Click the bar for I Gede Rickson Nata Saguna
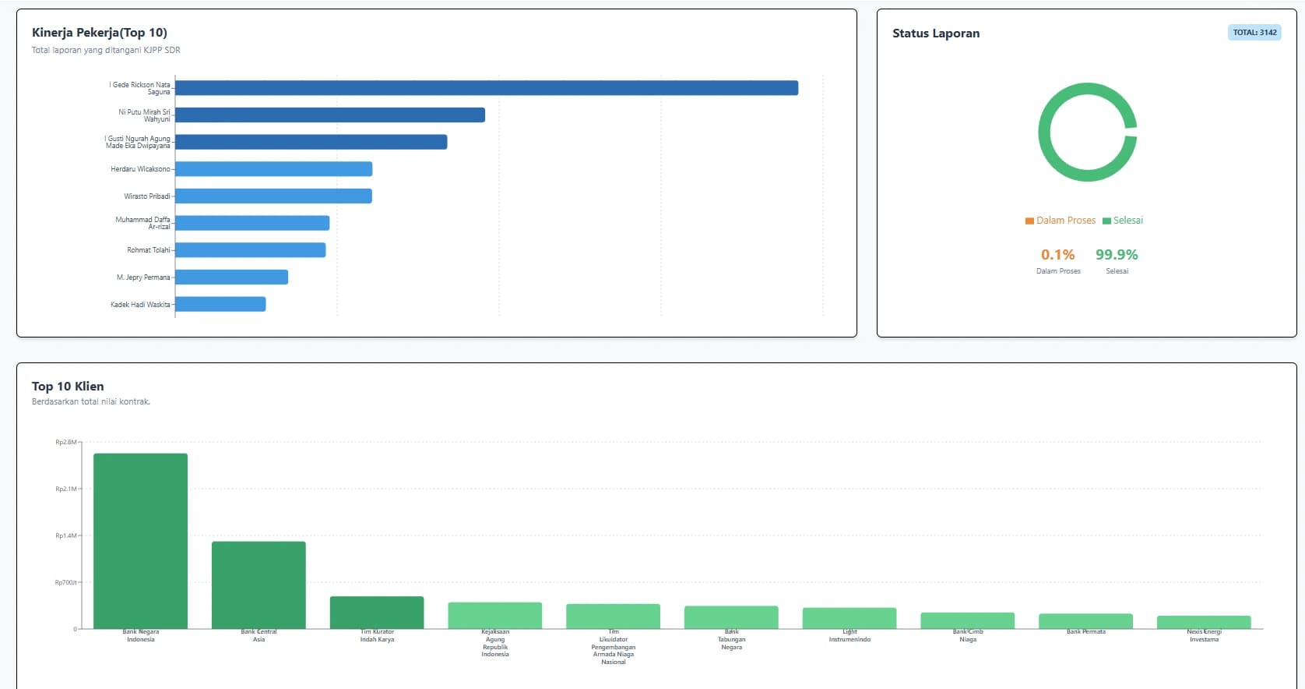(x=487, y=88)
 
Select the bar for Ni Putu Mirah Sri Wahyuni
(x=330, y=115)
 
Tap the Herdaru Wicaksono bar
(x=273, y=169)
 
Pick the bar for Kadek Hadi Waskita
(x=220, y=304)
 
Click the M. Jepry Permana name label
(x=143, y=277)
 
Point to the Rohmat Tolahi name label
(x=149, y=250)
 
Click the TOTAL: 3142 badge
(x=1254, y=33)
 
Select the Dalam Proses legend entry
(x=1061, y=221)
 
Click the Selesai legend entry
(x=1123, y=221)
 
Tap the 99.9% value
(x=1117, y=255)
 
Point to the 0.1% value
(x=1057, y=255)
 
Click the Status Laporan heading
(x=936, y=34)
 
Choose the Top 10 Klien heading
(x=68, y=387)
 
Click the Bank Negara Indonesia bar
(x=140, y=541)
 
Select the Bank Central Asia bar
(x=259, y=585)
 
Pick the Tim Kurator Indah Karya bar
(x=377, y=613)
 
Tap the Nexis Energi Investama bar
(x=1204, y=622)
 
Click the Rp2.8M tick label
(x=66, y=443)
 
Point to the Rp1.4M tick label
(x=66, y=536)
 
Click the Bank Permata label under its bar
(x=1086, y=632)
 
